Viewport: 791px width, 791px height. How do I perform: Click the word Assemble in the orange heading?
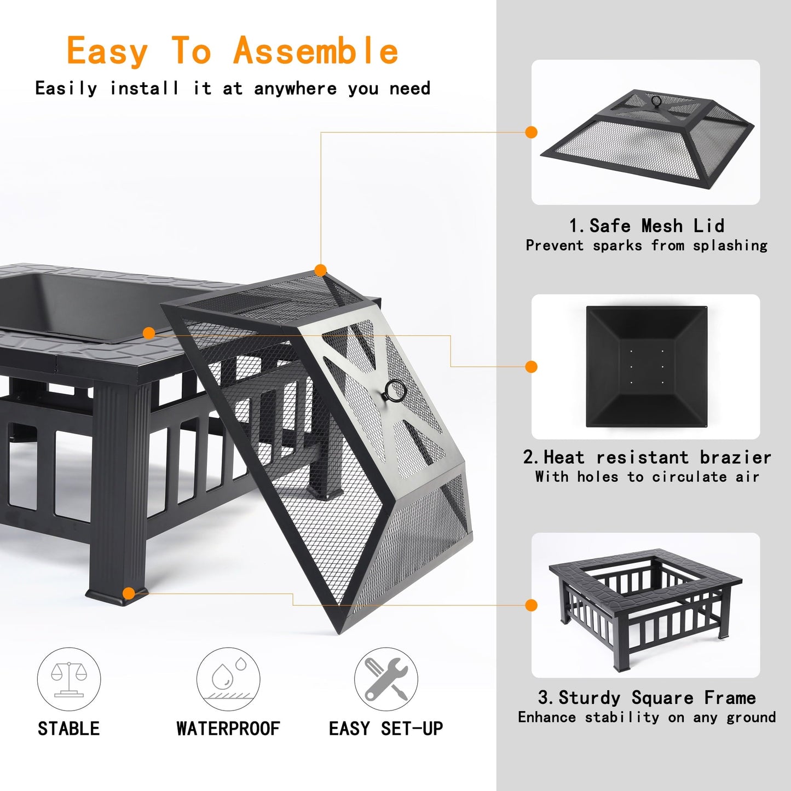316,51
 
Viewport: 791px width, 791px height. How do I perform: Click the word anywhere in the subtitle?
295,89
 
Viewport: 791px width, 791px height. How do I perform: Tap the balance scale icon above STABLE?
69,679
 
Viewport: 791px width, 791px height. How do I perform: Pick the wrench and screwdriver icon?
386,679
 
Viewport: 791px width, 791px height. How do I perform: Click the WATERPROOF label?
228,729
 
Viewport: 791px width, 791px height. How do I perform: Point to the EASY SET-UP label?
386,729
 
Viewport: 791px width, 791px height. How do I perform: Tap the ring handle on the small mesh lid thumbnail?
656,101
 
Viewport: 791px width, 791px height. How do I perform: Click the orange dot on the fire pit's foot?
129,593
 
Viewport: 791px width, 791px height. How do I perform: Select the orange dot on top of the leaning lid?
321,270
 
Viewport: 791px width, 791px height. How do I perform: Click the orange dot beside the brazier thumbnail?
531,367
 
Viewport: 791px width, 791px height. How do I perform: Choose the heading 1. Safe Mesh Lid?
646,226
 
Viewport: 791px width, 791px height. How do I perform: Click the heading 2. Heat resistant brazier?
646,457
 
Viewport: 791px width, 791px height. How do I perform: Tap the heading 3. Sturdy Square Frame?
646,697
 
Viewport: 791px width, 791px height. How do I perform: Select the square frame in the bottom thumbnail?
646,605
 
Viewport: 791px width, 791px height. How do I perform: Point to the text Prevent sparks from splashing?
646,245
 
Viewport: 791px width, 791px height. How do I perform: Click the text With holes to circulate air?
646,477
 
